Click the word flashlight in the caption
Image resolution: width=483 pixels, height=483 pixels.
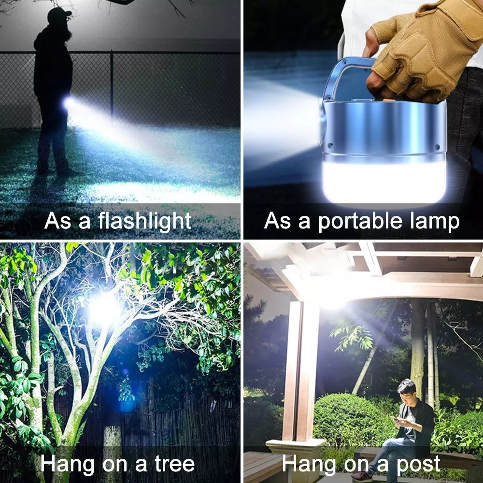pos(145,221)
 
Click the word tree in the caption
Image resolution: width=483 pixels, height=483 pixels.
pos(174,464)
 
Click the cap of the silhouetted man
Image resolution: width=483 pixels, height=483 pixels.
pos(59,13)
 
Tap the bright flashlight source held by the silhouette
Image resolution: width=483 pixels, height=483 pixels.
pos(69,103)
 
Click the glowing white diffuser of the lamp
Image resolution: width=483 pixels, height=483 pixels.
pos(384,182)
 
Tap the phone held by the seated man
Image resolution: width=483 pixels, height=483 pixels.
pos(395,419)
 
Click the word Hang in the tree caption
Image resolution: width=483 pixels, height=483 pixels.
pos(67,464)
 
